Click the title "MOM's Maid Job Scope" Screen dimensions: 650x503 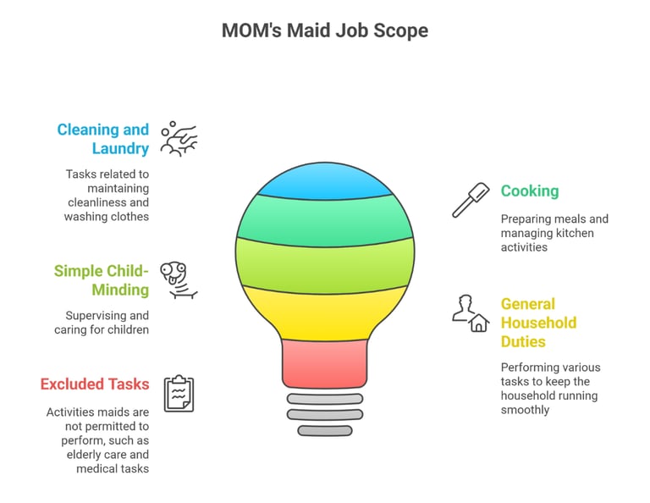[x=324, y=31]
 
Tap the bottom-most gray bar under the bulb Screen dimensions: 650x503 [x=324, y=430]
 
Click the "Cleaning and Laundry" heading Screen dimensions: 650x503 [x=102, y=139]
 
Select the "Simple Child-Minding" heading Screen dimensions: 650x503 [x=101, y=280]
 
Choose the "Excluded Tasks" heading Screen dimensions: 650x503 [x=94, y=384]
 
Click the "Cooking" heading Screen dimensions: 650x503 [x=530, y=191]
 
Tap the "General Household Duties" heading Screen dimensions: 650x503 [x=538, y=323]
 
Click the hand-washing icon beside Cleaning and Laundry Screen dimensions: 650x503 [x=179, y=138]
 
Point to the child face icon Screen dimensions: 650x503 [x=179, y=280]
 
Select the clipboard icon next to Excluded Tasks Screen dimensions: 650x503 [x=179, y=394]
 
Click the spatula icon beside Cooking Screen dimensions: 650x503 [x=471, y=200]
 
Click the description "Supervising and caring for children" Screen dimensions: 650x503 [x=107, y=323]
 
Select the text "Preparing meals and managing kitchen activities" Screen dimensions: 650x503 [x=554, y=233]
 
